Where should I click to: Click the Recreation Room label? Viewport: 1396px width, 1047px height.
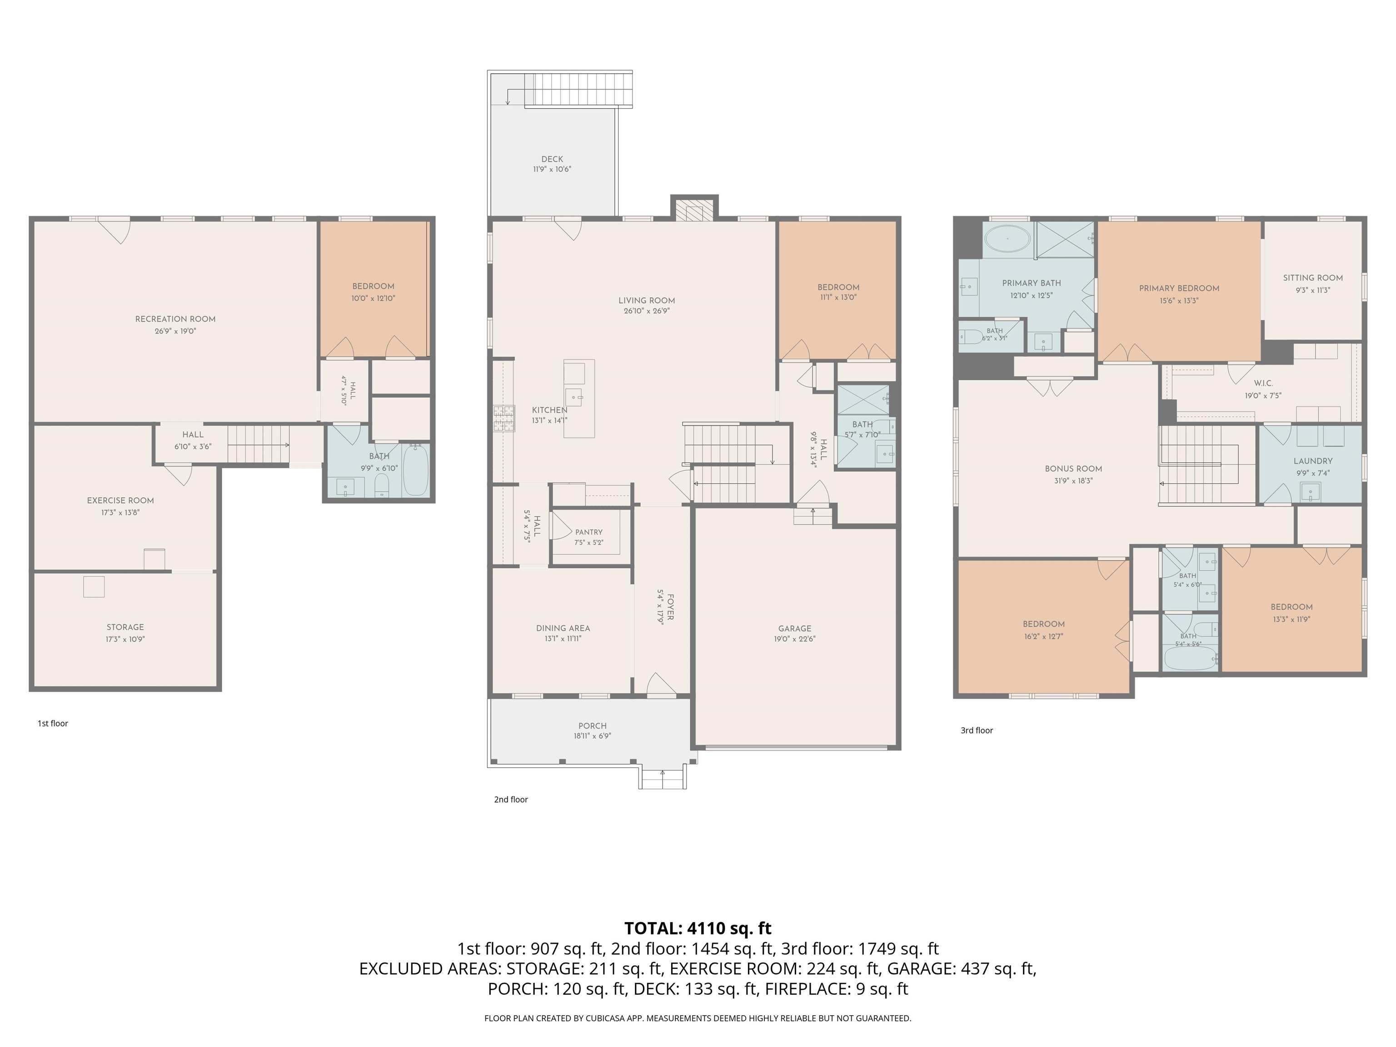175,319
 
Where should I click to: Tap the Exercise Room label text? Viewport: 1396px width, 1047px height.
120,500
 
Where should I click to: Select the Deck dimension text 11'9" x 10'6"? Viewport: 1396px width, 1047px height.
552,169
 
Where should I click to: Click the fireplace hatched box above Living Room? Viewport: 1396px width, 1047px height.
694,213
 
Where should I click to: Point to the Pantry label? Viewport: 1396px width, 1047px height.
589,532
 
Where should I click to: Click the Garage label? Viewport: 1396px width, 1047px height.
794,628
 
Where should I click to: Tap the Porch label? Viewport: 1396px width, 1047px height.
593,726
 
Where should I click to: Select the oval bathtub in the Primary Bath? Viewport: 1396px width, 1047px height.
1007,240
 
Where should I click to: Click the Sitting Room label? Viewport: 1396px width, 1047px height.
1313,278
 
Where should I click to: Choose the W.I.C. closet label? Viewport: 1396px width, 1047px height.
1263,383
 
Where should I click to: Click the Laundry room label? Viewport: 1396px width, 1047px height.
1313,461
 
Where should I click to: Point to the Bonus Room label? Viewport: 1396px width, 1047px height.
1073,469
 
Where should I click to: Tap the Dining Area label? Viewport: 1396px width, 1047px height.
563,628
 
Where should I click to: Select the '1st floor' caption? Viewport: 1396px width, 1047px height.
53,723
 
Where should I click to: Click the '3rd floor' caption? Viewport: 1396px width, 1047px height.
977,730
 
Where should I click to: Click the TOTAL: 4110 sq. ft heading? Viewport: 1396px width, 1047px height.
698,928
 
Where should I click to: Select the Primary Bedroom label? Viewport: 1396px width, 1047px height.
1179,289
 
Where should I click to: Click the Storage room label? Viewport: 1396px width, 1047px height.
125,627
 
